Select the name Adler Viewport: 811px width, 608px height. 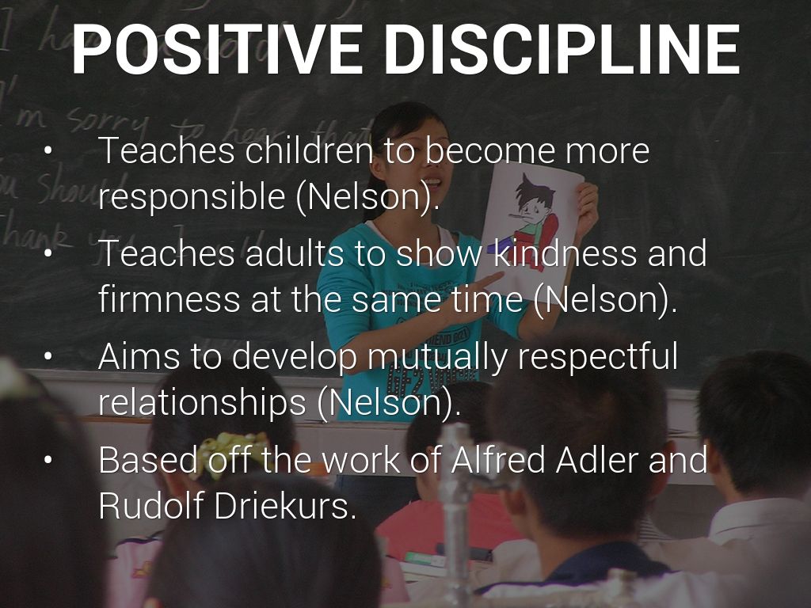point(600,459)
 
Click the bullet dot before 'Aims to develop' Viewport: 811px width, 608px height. point(48,357)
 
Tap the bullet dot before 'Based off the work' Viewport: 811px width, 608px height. point(48,460)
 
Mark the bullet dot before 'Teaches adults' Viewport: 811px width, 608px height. point(48,254)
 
